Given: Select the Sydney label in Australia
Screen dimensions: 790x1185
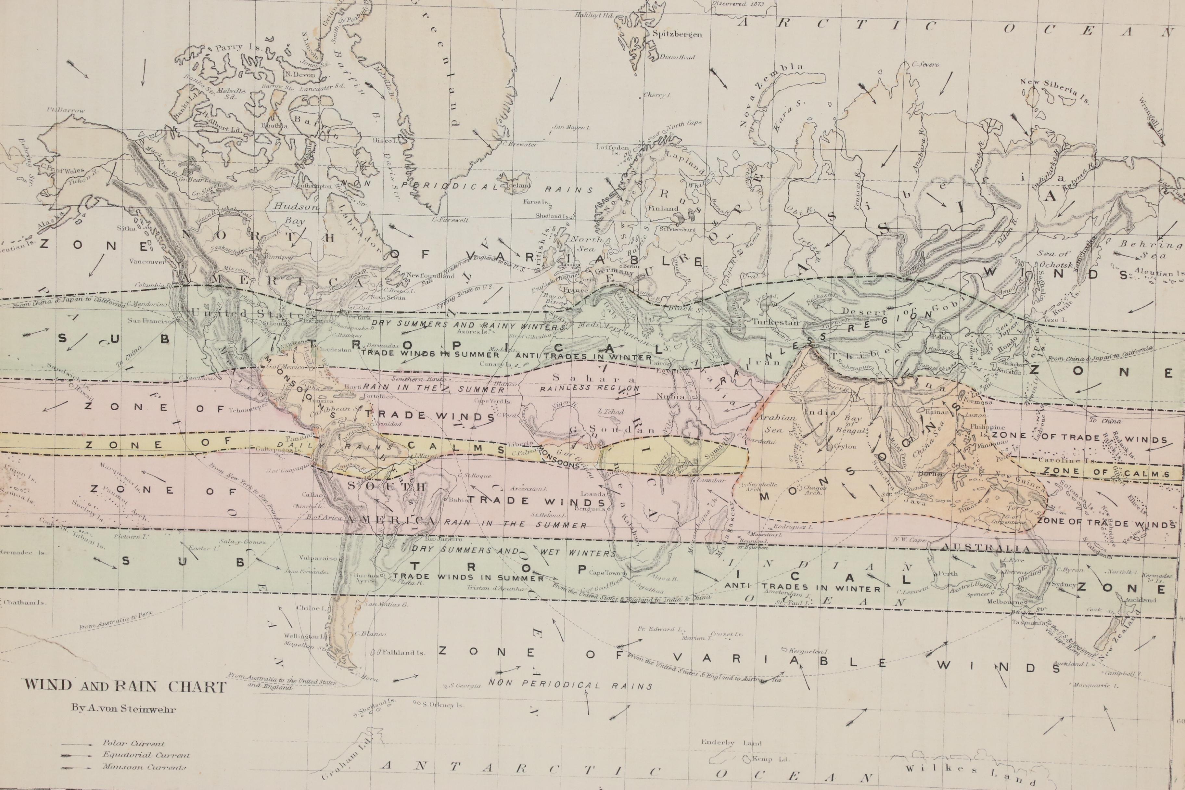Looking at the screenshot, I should tap(1064, 584).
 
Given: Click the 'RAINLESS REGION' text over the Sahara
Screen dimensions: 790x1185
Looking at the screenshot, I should tap(590, 389).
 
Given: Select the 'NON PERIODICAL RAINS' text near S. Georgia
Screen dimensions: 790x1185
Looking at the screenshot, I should tap(570, 685).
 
